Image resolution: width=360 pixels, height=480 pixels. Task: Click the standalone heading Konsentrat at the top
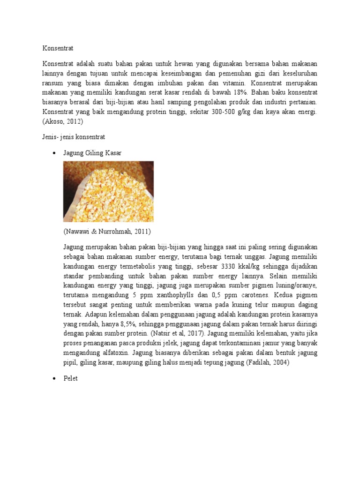[x=58, y=48]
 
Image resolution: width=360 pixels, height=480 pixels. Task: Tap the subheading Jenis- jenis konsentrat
[x=74, y=137]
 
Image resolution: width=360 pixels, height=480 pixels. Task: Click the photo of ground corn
[x=108, y=191]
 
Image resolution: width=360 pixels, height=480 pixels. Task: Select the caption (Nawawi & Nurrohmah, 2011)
[x=107, y=231]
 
